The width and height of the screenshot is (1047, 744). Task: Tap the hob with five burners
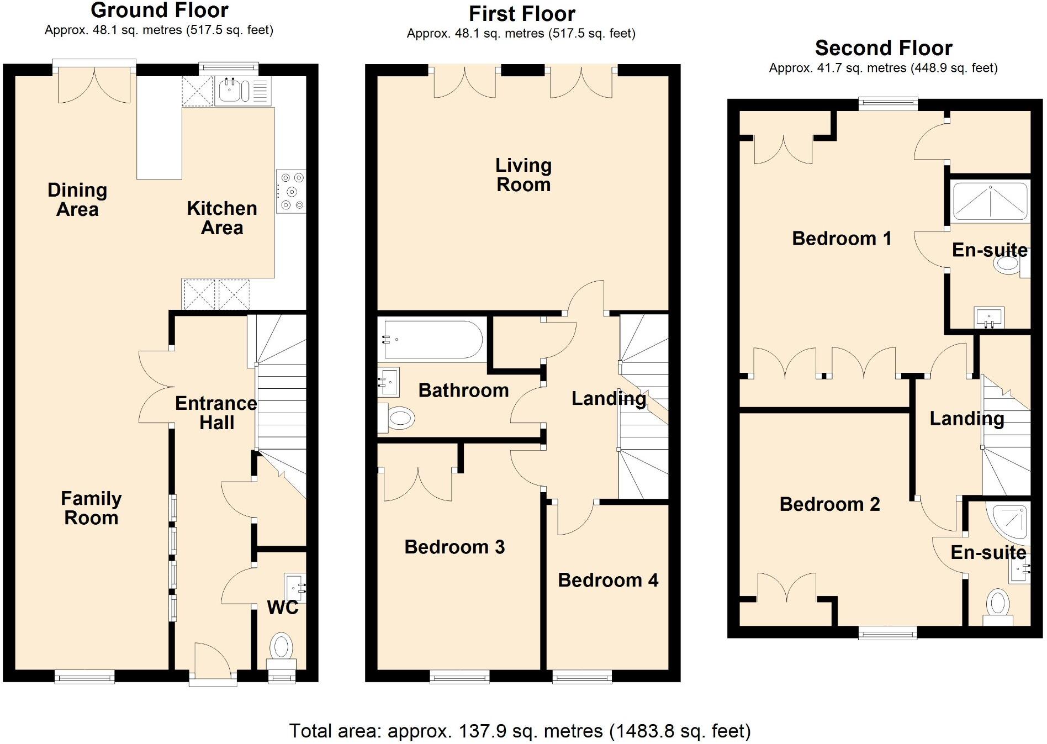(x=292, y=191)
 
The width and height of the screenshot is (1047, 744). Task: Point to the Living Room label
(x=523, y=175)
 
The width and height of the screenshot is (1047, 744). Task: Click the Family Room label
(x=91, y=508)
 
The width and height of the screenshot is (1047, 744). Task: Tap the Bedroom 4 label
(x=607, y=580)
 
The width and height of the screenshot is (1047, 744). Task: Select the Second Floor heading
(x=883, y=49)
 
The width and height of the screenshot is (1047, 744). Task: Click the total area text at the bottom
(x=520, y=731)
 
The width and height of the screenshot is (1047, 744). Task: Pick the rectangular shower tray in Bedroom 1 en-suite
(x=990, y=202)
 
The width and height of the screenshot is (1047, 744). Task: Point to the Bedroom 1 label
(x=841, y=239)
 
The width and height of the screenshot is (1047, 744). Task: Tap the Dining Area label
(x=77, y=200)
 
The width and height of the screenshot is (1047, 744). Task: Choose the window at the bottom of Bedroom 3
(x=459, y=676)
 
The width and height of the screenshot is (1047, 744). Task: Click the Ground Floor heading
(x=159, y=10)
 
